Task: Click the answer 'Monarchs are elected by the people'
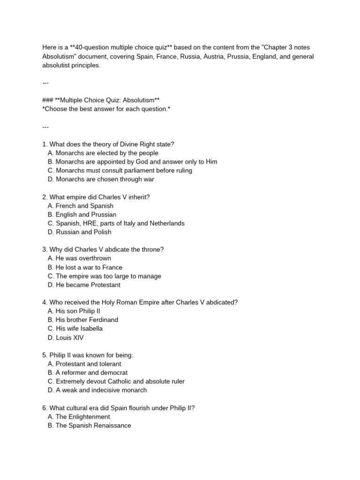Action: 103,153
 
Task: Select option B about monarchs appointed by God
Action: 133,162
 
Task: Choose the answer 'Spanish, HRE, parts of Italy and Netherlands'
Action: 116,223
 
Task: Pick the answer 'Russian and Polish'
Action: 80,232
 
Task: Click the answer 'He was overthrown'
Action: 79,258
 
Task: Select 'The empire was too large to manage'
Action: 105,276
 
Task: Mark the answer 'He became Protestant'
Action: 84,285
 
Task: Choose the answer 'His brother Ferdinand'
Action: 83,320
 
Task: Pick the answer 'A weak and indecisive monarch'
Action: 97,390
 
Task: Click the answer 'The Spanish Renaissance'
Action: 90,426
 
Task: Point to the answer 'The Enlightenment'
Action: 79,417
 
